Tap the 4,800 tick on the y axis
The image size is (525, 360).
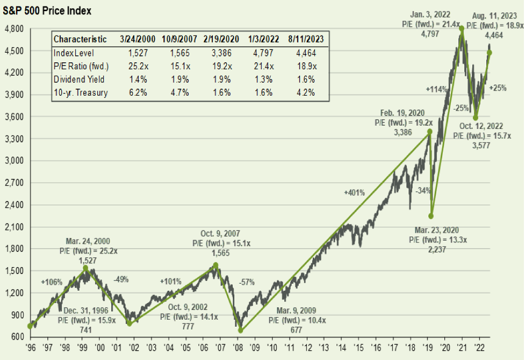tap(13, 28)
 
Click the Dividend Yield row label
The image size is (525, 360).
tap(78, 79)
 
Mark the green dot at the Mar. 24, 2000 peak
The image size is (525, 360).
tap(85, 268)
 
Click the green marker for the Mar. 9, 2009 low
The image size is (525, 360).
tap(241, 330)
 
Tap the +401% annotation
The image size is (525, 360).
tap(354, 192)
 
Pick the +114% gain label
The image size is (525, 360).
tap(436, 89)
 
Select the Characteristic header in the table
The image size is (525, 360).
tap(80, 39)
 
